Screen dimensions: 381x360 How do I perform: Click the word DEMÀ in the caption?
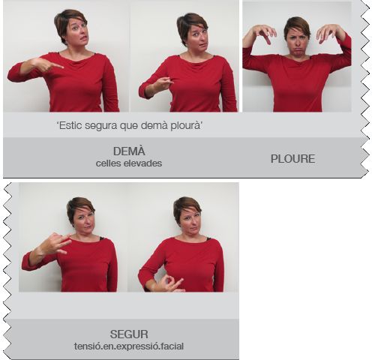tap(129, 151)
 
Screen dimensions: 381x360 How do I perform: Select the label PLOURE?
tap(292, 159)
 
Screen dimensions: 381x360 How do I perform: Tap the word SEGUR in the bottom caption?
tap(129, 334)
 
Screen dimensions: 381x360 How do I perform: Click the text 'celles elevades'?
tap(129, 163)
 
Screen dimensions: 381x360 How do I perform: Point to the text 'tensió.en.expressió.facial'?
tap(129, 346)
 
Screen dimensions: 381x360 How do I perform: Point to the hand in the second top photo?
tap(163, 83)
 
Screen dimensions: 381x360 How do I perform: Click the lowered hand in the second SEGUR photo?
tap(169, 283)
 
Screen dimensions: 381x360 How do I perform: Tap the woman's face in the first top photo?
tap(76, 32)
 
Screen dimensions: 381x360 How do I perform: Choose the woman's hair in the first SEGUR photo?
tap(79, 208)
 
